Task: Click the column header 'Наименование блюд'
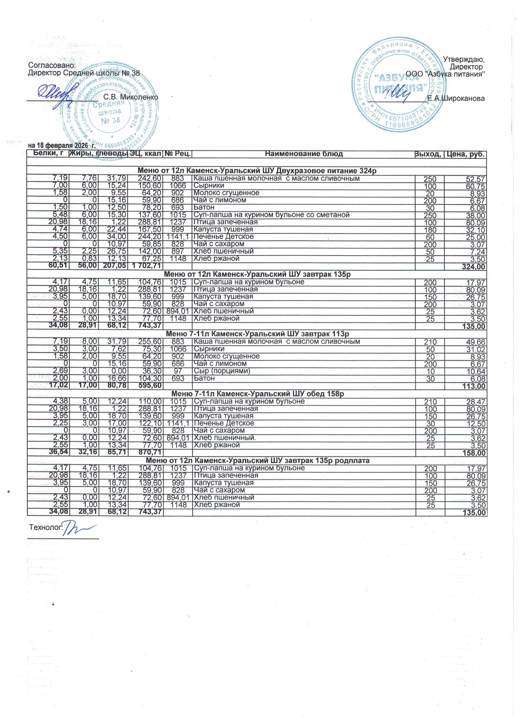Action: (x=303, y=154)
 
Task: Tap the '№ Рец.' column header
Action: (x=177, y=154)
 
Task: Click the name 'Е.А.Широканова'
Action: (x=456, y=99)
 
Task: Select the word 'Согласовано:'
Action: (x=52, y=65)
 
